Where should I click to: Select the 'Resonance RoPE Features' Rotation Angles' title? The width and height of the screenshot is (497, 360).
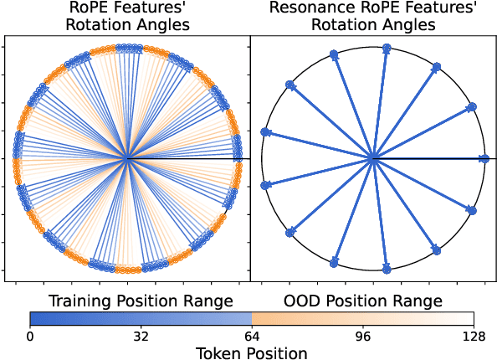(x=374, y=17)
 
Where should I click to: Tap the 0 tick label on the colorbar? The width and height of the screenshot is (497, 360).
(x=30, y=337)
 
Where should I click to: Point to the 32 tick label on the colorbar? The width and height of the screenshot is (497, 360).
(x=141, y=337)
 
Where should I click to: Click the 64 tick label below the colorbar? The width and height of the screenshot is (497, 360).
(x=252, y=337)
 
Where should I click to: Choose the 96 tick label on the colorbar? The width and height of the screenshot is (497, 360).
(x=362, y=337)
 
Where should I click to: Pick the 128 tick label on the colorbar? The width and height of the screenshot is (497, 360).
(x=474, y=337)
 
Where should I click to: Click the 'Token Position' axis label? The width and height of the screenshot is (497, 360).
(x=252, y=352)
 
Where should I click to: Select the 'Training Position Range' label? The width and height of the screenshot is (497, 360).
(x=141, y=301)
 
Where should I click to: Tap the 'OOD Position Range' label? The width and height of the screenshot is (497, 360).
(x=362, y=301)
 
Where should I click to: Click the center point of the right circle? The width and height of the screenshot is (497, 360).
(x=373, y=158)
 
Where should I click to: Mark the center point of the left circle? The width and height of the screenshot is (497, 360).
(x=126, y=158)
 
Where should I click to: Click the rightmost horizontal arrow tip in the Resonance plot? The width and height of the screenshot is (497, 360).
(x=484, y=158)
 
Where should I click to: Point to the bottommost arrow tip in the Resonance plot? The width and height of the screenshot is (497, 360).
(x=387, y=269)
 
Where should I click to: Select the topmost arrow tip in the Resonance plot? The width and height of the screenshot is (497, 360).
(x=386, y=49)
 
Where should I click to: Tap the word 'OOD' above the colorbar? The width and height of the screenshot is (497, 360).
(x=302, y=301)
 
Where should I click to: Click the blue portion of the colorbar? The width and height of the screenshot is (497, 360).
(x=141, y=318)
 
